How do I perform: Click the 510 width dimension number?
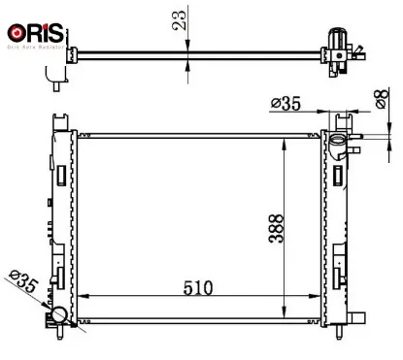click(x=199, y=287)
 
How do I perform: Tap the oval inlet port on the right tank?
click(x=337, y=146)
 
